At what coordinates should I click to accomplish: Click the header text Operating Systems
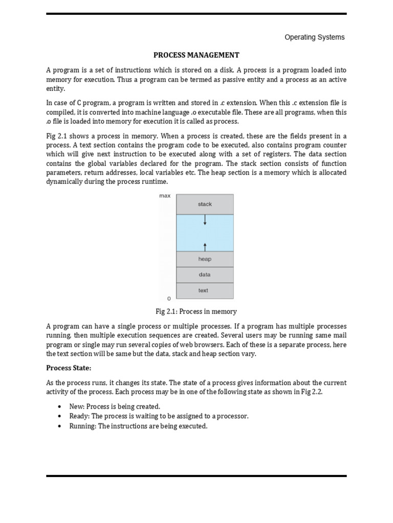[314, 37]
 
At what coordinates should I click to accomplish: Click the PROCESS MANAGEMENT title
[196, 55]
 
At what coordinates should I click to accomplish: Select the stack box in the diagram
[205, 204]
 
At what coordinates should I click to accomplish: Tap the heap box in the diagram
[205, 259]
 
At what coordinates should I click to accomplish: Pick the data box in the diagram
[205, 275]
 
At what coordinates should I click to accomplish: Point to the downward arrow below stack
[205, 220]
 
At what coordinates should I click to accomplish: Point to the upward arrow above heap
[205, 246]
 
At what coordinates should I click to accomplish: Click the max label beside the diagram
[165, 196]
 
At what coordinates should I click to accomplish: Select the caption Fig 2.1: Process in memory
[196, 311]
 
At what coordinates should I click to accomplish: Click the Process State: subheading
[69, 368]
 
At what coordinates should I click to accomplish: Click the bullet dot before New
[60, 407]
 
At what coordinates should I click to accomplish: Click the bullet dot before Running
[60, 426]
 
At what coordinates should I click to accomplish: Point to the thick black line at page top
[196, 14]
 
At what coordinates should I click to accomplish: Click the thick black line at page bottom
[196, 476]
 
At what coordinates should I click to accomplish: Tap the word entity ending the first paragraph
[56, 89]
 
